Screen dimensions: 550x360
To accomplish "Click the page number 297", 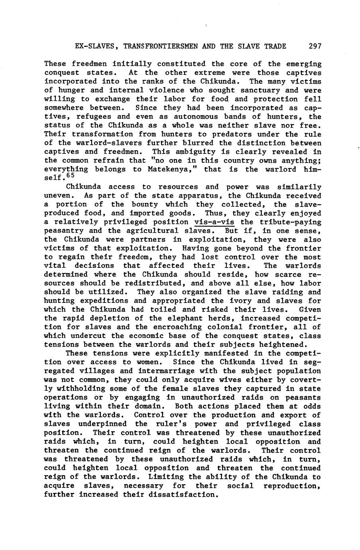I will (x=315, y=46).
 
